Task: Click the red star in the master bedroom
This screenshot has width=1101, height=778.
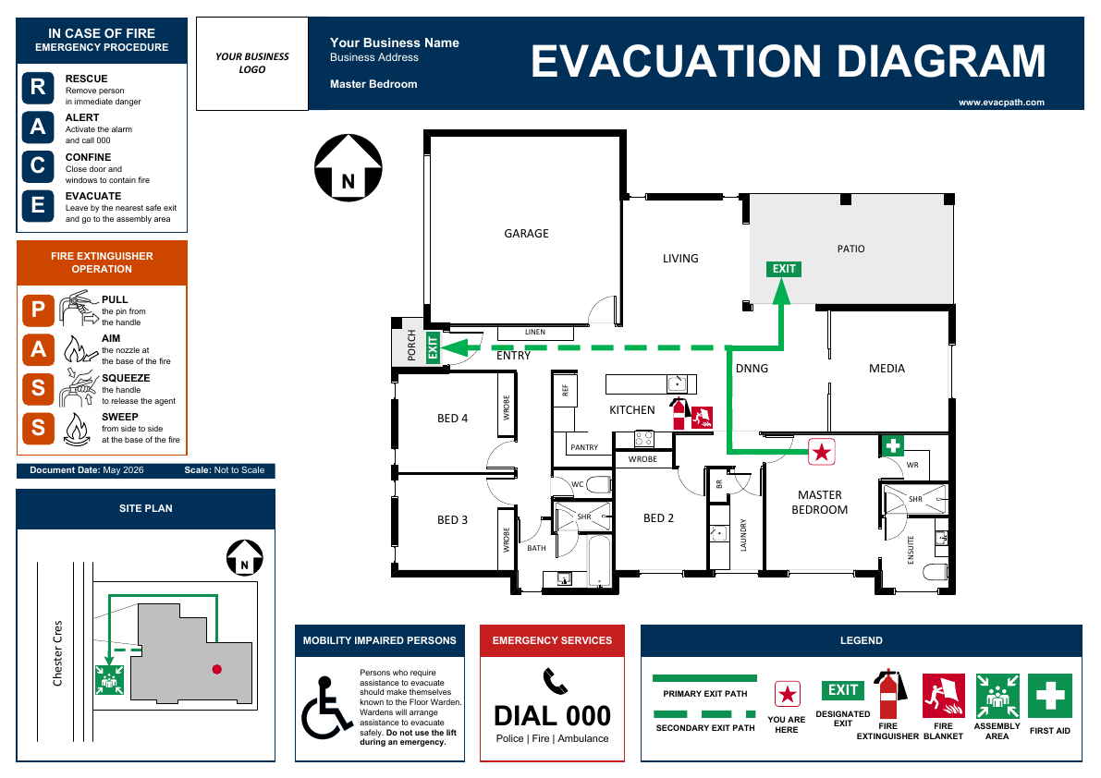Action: click(822, 452)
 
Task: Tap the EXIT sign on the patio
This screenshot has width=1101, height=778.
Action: click(784, 269)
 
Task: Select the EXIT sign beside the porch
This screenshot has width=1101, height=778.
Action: click(433, 347)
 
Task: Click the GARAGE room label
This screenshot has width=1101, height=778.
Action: click(526, 234)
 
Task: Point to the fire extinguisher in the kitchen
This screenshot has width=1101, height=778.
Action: click(679, 413)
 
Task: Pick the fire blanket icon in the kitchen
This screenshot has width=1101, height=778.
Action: click(703, 418)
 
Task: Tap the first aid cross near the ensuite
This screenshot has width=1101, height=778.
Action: click(892, 445)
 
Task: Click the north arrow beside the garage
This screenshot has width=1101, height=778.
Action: click(349, 167)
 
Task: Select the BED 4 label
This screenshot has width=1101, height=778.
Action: click(452, 419)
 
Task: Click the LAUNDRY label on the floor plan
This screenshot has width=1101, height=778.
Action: click(743, 535)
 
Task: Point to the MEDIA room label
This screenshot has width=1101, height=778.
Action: click(887, 369)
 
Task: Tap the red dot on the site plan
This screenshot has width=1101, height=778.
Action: click(217, 669)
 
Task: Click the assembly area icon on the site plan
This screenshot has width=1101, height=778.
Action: click(109, 680)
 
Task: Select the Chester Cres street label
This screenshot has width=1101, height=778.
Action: click(57, 653)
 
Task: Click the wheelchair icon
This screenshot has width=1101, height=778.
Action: click(325, 707)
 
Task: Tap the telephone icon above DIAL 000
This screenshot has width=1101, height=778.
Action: click(555, 681)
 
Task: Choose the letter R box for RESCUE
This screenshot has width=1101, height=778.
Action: click(38, 87)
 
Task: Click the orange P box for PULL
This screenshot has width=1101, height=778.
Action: click(39, 310)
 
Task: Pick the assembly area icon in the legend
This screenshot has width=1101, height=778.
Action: click(997, 695)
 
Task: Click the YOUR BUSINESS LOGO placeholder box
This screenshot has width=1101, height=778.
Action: click(252, 64)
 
